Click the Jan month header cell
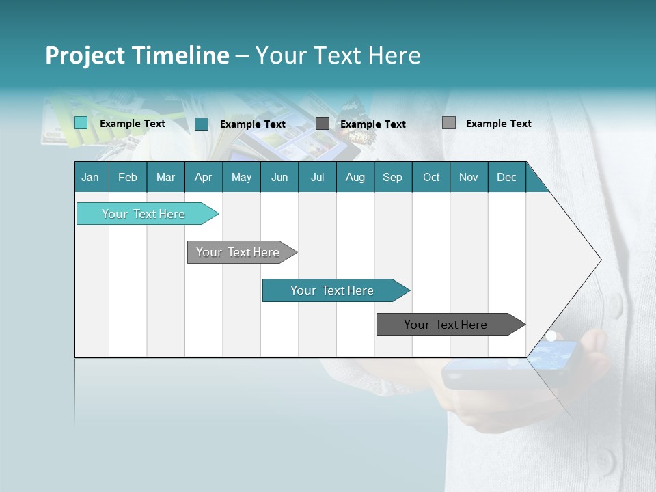(91, 177)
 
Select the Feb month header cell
(128, 177)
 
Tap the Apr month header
(204, 177)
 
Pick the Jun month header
(279, 177)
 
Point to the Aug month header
(355, 177)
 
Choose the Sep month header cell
(393, 177)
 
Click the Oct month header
(431, 177)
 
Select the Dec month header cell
(507, 177)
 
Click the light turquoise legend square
(81, 123)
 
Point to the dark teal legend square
(202, 124)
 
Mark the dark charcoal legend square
(323, 124)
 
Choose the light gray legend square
(449, 123)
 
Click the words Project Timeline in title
(137, 55)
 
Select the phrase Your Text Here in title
(338, 55)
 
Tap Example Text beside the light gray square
(498, 123)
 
